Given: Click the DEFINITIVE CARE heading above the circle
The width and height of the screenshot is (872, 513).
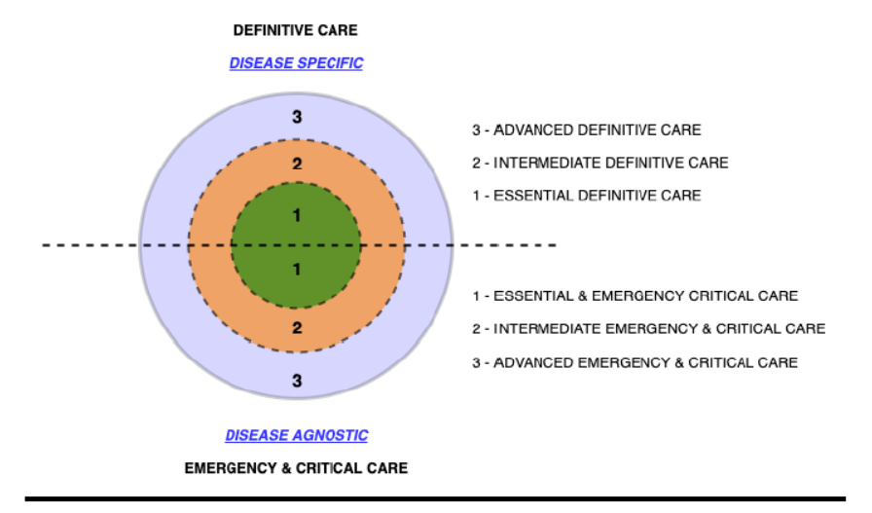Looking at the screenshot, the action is tap(295, 30).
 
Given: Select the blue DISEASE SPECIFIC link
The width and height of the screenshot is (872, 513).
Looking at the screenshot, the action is tap(296, 63).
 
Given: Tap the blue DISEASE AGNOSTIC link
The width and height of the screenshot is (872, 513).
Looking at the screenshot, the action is tap(297, 435).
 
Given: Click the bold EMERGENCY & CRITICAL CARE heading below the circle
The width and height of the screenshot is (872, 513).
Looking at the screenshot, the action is tap(296, 468).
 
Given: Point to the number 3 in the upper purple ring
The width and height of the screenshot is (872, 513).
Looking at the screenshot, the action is tap(297, 117).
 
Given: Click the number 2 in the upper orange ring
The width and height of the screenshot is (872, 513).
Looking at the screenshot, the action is tap(297, 164).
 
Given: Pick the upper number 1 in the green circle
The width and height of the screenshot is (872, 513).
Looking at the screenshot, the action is tap(297, 215).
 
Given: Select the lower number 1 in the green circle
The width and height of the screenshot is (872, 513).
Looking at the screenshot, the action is tap(297, 270).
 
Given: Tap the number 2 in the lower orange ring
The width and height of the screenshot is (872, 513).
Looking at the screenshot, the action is tap(297, 328).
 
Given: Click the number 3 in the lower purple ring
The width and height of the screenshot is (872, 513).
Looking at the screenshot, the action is tap(297, 381).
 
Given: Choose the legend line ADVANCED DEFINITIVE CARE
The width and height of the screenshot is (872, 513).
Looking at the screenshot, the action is tap(587, 130).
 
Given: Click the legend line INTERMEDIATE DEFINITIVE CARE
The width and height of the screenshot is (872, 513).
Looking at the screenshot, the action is tap(600, 163).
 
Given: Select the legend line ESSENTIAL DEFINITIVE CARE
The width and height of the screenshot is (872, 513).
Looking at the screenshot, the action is tap(587, 196).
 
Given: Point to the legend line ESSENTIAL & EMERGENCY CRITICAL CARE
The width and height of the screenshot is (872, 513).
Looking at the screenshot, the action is tap(636, 296).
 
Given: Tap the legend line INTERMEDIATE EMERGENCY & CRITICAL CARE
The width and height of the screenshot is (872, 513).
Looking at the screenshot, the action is tap(649, 329).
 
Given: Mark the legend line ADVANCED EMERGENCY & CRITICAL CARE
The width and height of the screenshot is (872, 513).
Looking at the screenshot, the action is tap(636, 363).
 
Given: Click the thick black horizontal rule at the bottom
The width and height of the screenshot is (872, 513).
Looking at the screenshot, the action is tap(435, 499).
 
